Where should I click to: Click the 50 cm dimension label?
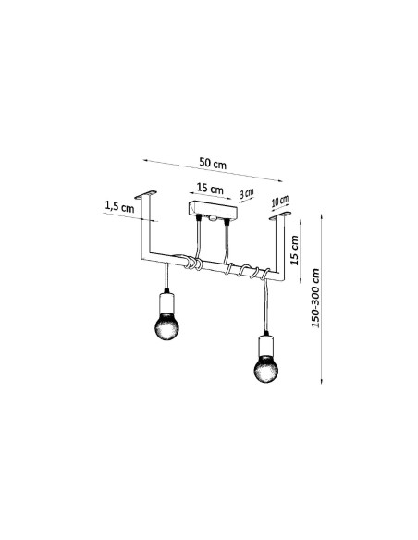[x=213, y=164]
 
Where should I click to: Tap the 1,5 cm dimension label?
[x=119, y=206]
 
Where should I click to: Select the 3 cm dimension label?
[x=247, y=193]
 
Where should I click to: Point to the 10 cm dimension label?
[x=280, y=201]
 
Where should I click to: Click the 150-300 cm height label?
[x=315, y=299]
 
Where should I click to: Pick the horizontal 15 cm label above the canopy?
[x=210, y=189]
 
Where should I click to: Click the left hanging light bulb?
[x=166, y=325]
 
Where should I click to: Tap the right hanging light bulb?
[x=266, y=369]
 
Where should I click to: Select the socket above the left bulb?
[x=166, y=303]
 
